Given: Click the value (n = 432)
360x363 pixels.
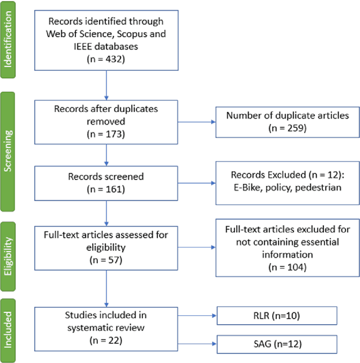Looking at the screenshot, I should tap(106, 57).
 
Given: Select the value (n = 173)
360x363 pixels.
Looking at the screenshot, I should tap(106, 135).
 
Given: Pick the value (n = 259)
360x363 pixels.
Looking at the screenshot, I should tap(287, 128).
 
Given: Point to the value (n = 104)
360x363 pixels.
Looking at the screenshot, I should tap(287, 266).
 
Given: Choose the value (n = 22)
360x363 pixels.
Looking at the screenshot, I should tap(106, 339).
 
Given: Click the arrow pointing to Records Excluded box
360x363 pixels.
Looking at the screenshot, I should tap(195, 183).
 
